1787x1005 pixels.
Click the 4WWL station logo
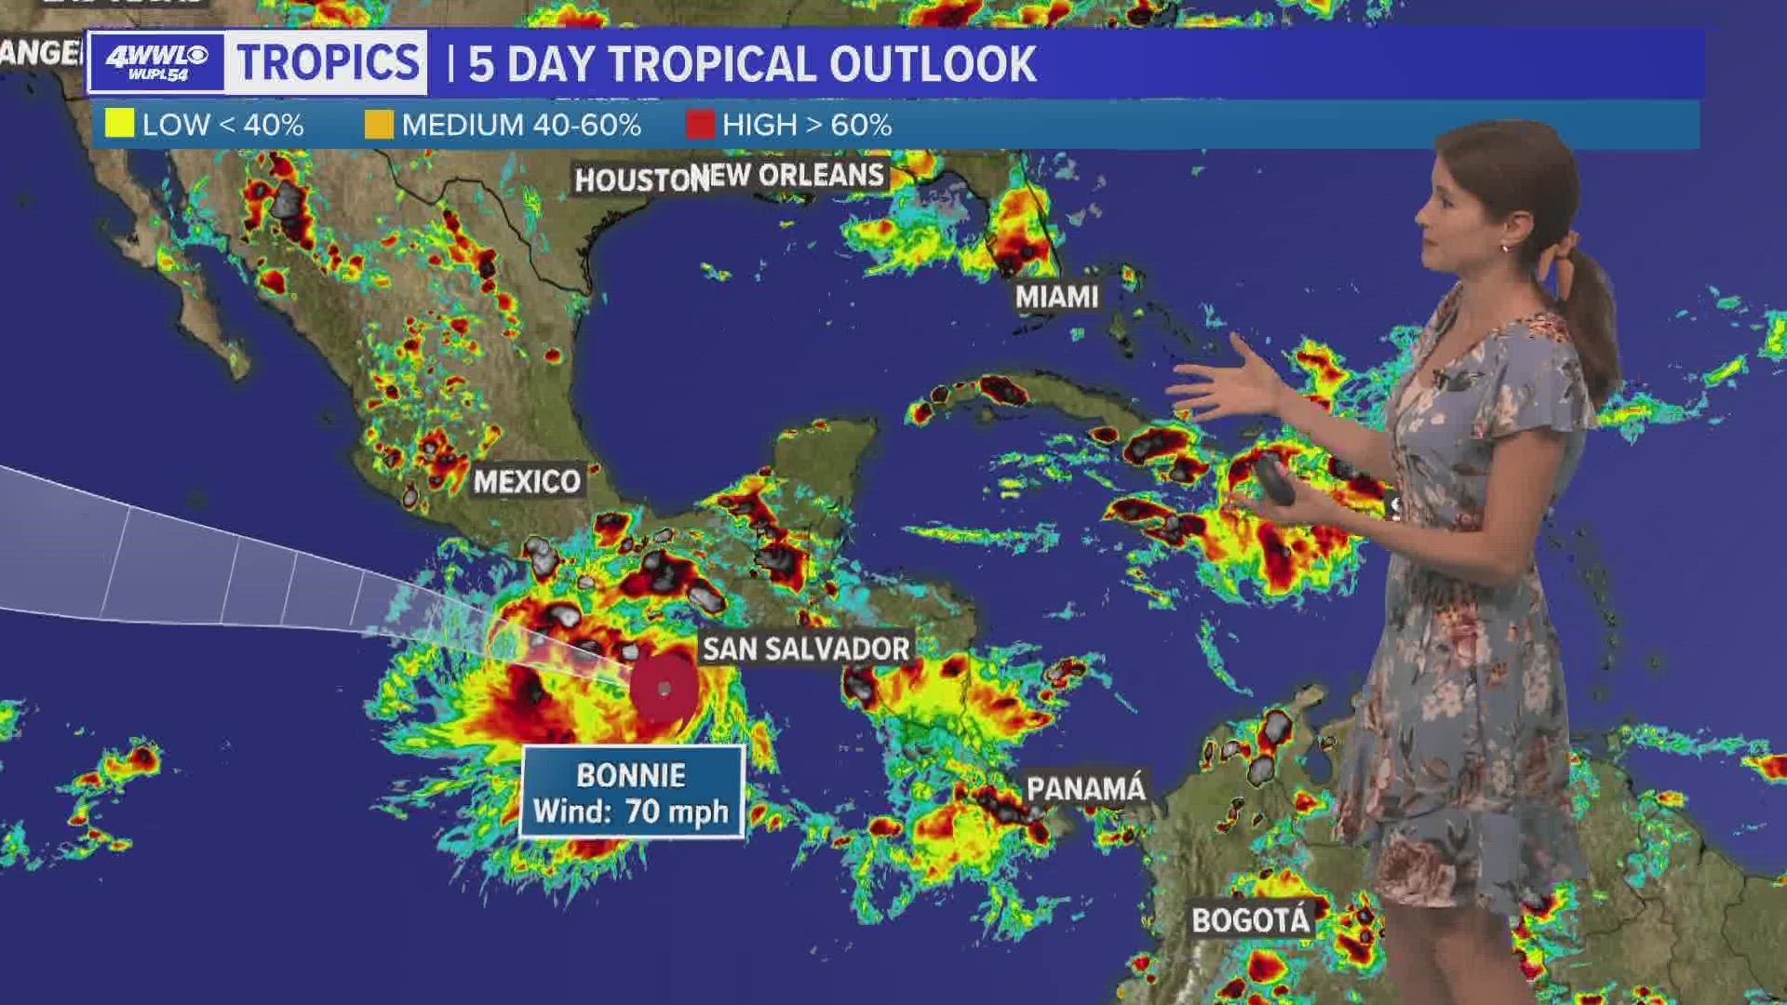[156, 62]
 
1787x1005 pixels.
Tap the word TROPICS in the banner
[328, 63]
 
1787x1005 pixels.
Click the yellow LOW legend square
[119, 124]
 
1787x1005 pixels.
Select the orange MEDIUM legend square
[379, 124]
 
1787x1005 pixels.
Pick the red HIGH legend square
[700, 124]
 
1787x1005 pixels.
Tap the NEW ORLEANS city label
[797, 175]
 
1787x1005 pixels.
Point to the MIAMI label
[1056, 297]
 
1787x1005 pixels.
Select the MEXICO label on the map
[527, 481]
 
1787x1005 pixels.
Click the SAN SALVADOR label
[806, 649]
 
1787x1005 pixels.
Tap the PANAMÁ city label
[1085, 789]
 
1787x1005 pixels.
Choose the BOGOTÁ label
[1251, 920]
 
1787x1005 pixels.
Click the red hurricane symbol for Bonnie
[664, 689]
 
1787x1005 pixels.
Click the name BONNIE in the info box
[631, 775]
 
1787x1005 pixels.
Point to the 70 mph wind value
[677, 811]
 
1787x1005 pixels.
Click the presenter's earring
[1504, 248]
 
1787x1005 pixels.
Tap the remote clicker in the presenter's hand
[1272, 480]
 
